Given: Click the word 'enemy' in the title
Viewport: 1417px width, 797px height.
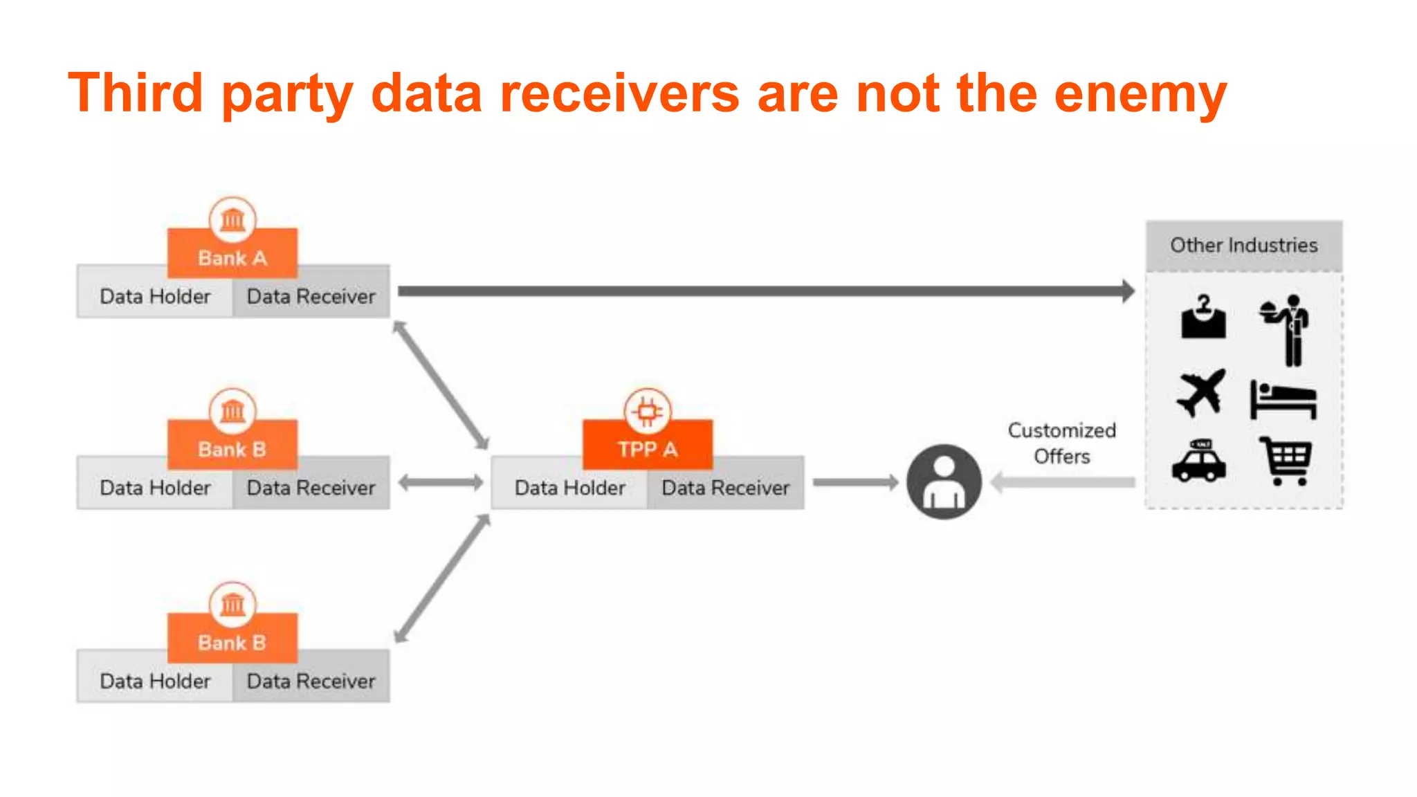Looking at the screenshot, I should [1140, 94].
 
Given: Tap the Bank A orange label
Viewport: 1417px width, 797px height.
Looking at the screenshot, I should [232, 257].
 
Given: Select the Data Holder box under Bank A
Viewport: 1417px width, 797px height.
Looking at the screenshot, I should [155, 297].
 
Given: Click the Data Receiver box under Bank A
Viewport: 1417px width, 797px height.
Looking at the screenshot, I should [311, 297].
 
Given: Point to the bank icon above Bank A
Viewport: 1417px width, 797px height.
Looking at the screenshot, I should [232, 220].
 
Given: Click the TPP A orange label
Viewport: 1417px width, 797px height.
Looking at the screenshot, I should [648, 449].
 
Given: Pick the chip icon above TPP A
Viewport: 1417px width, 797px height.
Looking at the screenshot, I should [648, 412].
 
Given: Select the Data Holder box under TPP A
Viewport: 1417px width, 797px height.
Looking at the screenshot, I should [570, 488].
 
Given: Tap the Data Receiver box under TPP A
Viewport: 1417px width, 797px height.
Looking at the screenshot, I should [725, 488].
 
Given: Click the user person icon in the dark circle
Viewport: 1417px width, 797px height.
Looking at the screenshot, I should [944, 482].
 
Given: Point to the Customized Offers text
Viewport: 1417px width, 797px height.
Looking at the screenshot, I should [1061, 443].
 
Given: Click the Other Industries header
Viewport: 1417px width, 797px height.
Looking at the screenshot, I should [1243, 245].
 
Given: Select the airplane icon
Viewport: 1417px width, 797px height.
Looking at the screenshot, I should [1201, 393].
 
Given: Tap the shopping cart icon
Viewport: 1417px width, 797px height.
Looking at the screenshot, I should [1286, 461].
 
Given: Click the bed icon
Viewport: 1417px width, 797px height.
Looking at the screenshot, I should [1283, 400].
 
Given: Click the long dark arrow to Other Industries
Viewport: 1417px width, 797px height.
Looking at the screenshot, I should [761, 291].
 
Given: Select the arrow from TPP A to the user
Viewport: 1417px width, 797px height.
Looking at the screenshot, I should [855, 482].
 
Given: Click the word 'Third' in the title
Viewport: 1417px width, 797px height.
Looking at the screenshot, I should [136, 93].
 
